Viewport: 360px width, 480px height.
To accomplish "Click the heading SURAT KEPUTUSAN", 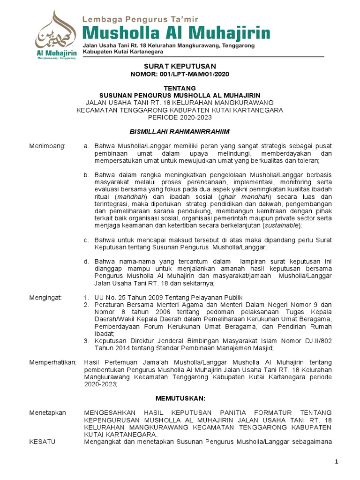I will tap(180, 67).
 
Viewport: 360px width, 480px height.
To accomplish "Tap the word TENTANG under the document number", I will tap(180, 88).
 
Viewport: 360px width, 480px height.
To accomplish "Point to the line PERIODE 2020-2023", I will tap(180, 117).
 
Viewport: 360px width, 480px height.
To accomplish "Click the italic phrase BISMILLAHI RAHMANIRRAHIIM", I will tap(180, 132).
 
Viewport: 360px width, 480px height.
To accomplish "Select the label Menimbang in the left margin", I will tap(48, 146).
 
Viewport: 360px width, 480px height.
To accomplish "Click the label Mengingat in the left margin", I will tap(46, 298).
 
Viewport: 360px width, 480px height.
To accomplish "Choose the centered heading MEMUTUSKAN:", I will tap(180, 398).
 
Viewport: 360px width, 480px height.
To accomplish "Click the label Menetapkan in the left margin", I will tap(48, 412).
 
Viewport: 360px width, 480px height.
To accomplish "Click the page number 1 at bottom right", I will tap(337, 463).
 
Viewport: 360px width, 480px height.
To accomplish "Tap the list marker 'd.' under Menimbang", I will tap(86, 262).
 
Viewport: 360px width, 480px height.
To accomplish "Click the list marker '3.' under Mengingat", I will tap(86, 341).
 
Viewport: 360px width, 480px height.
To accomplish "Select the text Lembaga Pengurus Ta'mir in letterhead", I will tap(141, 19).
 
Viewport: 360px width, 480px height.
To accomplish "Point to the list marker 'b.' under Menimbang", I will tap(86, 175).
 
